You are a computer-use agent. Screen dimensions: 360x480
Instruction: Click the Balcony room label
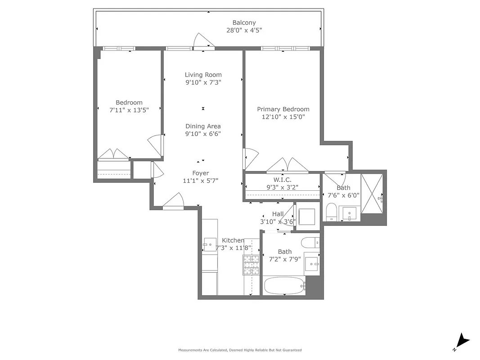[244, 22]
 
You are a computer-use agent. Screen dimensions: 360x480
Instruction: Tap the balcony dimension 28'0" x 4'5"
[244, 31]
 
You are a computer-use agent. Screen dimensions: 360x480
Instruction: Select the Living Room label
[203, 75]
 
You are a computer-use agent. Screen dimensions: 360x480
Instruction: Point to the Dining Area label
[203, 126]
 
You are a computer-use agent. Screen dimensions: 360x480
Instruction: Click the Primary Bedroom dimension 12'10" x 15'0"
[283, 117]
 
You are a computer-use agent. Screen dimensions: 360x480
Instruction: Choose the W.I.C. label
[282, 180]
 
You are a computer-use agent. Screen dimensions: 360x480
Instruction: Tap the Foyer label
[201, 173]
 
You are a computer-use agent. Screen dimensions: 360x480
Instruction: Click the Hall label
[278, 214]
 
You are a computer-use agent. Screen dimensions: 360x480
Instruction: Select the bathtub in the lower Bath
[284, 285]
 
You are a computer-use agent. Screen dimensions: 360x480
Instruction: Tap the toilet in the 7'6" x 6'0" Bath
[332, 212]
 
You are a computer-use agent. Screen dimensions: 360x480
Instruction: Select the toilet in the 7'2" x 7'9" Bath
[310, 243]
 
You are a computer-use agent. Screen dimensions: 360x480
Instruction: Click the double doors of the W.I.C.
[287, 165]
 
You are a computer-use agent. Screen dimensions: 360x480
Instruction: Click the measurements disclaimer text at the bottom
[240, 350]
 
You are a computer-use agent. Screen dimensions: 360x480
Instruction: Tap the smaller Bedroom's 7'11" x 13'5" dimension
[129, 110]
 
